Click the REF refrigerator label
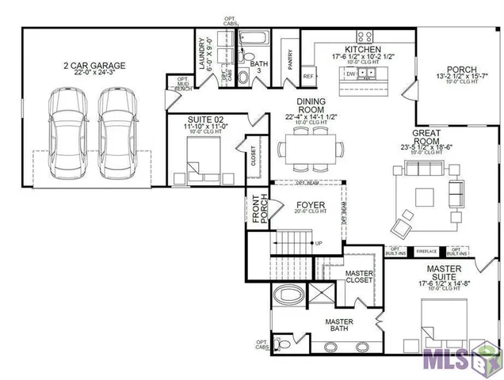pyautogui.click(x=308, y=77)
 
